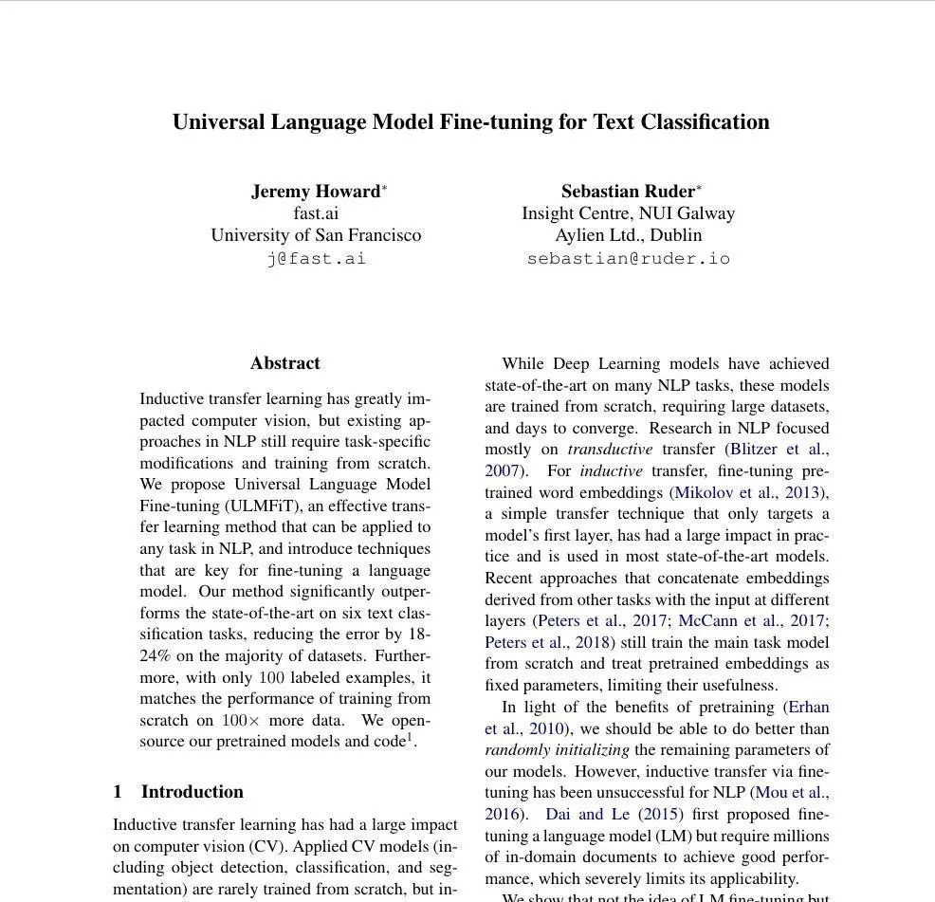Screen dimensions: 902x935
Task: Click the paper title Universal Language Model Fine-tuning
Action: [x=470, y=122]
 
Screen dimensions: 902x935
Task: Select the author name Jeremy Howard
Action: [x=315, y=192]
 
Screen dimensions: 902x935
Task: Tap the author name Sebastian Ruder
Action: [x=628, y=192]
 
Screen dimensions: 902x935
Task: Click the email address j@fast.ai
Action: [x=316, y=258]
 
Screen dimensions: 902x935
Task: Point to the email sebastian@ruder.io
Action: [x=628, y=258]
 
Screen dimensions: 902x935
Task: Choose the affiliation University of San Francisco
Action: [x=316, y=235]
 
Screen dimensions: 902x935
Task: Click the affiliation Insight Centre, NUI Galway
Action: [x=628, y=213]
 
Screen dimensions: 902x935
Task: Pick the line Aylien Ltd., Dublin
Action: [x=628, y=235]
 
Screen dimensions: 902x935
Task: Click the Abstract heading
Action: [x=284, y=363]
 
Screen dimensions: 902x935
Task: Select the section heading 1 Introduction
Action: [x=178, y=792]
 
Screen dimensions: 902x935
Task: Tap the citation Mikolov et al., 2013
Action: [x=748, y=492]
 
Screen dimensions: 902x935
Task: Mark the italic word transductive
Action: [x=610, y=450]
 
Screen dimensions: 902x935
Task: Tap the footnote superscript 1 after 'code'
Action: [x=410, y=737]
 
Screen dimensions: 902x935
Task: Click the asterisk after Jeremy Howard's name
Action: [x=384, y=189]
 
